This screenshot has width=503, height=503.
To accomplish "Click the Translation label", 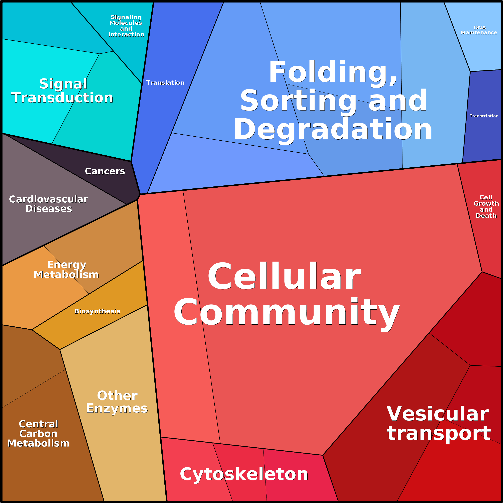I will point(165,82).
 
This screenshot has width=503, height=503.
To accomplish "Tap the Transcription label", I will point(484,116).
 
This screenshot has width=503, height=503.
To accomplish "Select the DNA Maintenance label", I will point(479,30).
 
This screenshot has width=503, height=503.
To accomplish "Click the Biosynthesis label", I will point(97,311).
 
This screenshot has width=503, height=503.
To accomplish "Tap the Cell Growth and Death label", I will point(486,206).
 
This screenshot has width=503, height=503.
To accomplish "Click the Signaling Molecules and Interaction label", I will point(126,26).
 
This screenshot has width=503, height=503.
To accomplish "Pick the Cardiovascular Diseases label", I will point(49,204).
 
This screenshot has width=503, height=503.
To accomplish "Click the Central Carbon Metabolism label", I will point(38,434).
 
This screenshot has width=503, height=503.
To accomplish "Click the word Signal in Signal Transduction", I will point(63,84).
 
